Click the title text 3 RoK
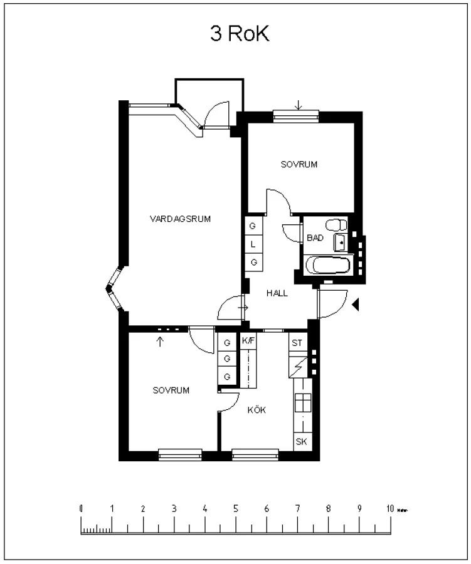click(x=240, y=34)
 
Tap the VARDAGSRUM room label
click(x=180, y=219)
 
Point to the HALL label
click(x=277, y=293)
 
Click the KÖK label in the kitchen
click(x=257, y=410)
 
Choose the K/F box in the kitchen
click(x=248, y=342)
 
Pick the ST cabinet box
click(x=297, y=343)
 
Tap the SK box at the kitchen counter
click(x=301, y=442)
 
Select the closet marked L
click(x=253, y=244)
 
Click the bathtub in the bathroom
click(x=329, y=266)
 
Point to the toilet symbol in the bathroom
click(x=336, y=224)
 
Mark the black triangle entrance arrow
click(x=356, y=305)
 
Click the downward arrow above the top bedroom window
click(x=299, y=105)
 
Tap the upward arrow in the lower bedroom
click(x=161, y=342)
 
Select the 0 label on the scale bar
click(x=81, y=509)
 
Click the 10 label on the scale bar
click(x=389, y=509)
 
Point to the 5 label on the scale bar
click(x=236, y=509)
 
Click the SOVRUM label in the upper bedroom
click(x=299, y=165)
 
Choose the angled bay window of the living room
click(x=114, y=290)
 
